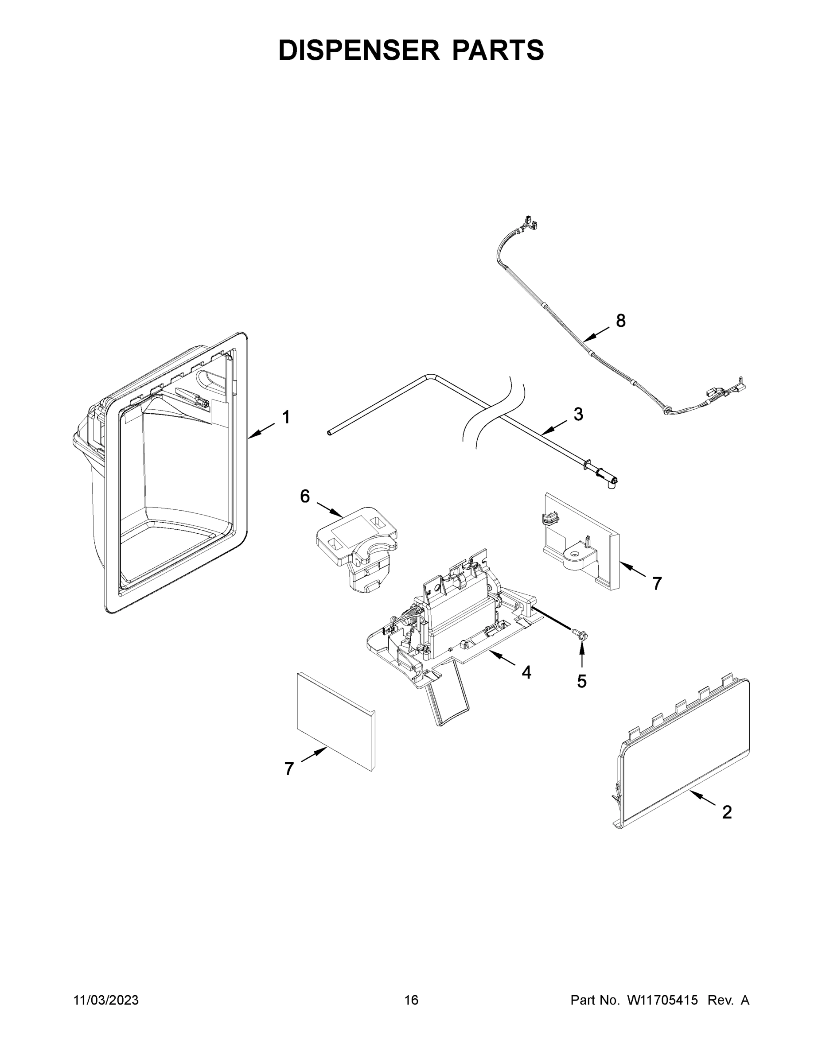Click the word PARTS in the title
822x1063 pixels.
click(x=498, y=50)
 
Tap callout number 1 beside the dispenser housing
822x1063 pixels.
click(x=286, y=417)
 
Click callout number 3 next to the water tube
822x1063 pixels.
click(x=578, y=414)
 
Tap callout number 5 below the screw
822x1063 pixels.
click(x=581, y=681)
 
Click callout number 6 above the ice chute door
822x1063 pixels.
click(x=305, y=497)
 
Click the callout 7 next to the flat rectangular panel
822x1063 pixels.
click(x=289, y=768)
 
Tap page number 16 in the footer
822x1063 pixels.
click(x=411, y=1000)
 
